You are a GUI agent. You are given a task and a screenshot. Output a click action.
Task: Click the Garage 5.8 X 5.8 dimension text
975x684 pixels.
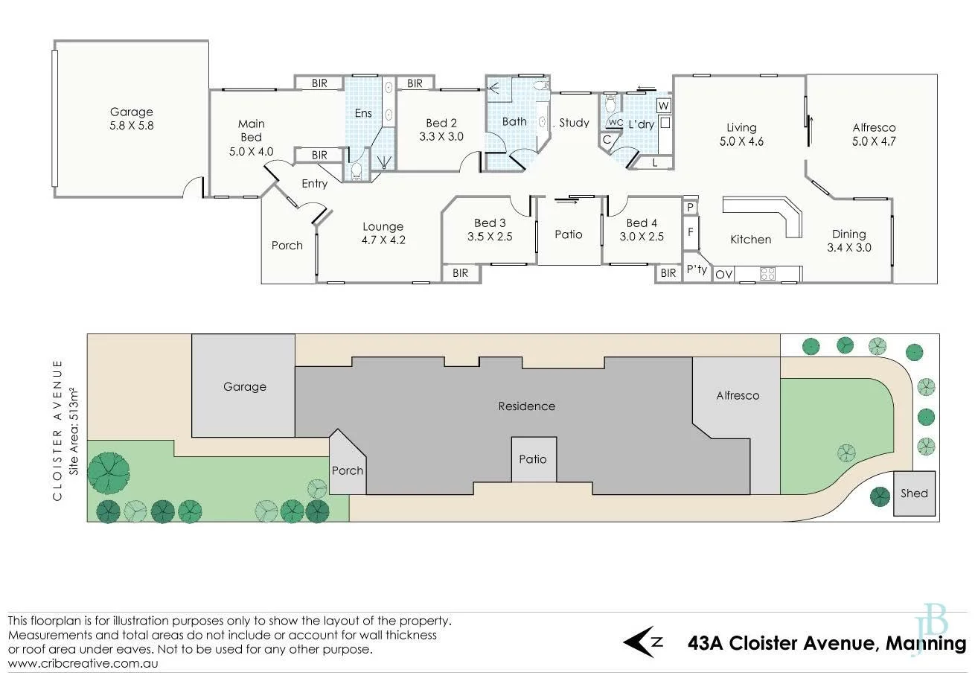click(x=132, y=126)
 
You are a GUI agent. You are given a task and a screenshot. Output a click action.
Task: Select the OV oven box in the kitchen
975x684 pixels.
click(x=723, y=275)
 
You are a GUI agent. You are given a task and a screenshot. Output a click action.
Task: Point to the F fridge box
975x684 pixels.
click(x=691, y=232)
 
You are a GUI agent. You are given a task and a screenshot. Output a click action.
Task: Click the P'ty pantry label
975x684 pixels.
click(x=697, y=269)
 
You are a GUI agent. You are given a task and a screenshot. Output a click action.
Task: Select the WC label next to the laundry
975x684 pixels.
click(x=616, y=123)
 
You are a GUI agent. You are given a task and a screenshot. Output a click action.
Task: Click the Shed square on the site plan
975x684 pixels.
click(x=914, y=493)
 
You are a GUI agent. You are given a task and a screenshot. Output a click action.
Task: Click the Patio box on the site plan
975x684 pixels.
click(x=532, y=459)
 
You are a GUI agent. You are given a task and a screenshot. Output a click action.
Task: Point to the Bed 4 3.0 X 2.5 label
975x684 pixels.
click(x=642, y=230)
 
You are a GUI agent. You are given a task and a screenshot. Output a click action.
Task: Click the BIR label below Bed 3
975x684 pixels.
click(x=461, y=273)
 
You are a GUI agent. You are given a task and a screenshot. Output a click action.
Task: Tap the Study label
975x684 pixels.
click(x=573, y=123)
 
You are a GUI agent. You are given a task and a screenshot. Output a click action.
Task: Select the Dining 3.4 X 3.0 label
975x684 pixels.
click(x=848, y=240)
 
